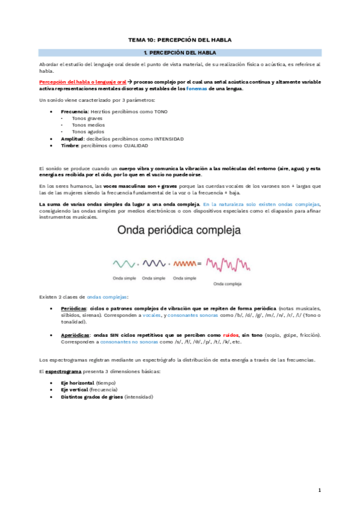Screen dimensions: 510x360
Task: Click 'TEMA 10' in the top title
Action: [141, 40]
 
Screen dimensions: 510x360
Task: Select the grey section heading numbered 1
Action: [180, 53]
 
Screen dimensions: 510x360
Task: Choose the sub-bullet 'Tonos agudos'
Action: [87, 131]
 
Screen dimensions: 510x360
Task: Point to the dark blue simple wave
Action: [153, 263]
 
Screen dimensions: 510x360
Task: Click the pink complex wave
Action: [227, 264]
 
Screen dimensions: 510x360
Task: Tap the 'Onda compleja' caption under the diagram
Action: [227, 284]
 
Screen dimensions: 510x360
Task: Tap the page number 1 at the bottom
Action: [320, 490]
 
